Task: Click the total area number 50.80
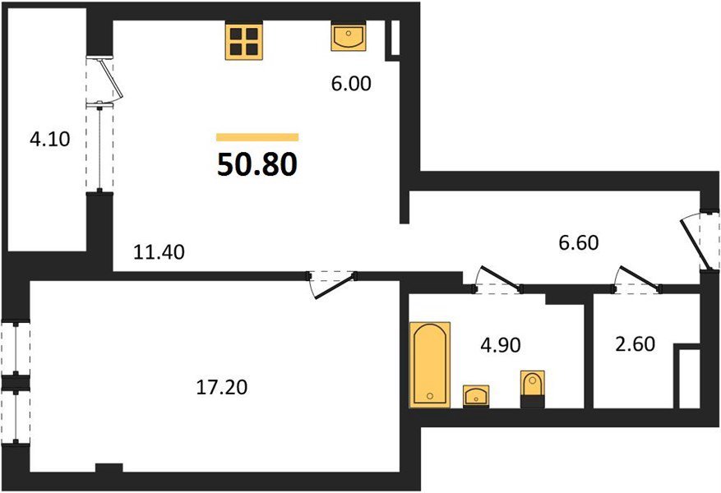257,164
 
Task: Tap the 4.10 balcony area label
49,139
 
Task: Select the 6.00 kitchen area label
351,84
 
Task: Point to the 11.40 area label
159,251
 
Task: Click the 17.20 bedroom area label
222,387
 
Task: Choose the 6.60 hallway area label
579,242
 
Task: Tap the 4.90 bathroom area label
501,344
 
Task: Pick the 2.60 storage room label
635,343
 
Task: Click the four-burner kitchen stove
243,41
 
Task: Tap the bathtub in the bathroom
430,365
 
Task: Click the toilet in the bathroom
533,389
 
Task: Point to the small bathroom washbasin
476,396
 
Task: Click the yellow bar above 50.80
257,137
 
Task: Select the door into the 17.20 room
332,285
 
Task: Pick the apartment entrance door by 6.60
699,242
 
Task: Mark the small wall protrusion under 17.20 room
109,468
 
